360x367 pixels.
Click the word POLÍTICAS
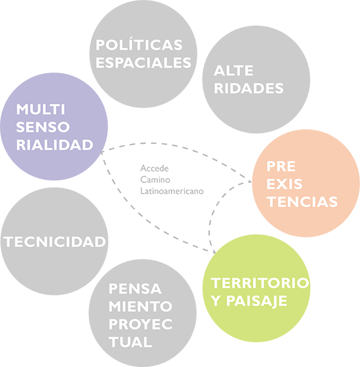139,45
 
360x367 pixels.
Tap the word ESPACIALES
143,62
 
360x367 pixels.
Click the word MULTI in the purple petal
40,110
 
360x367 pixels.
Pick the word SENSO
43,127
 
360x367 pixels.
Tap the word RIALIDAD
55,145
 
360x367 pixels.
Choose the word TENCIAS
302,201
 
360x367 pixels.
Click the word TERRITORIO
260,282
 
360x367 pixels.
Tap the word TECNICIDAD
55,242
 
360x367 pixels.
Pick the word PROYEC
141,324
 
